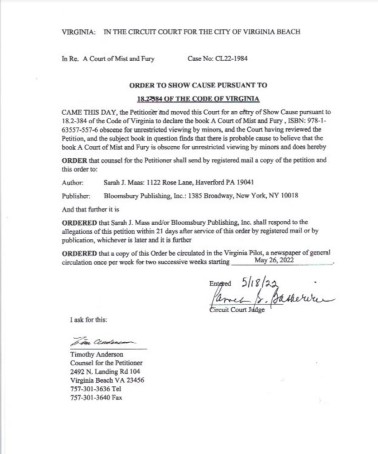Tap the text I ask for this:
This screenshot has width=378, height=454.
pyautogui.click(x=88, y=319)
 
